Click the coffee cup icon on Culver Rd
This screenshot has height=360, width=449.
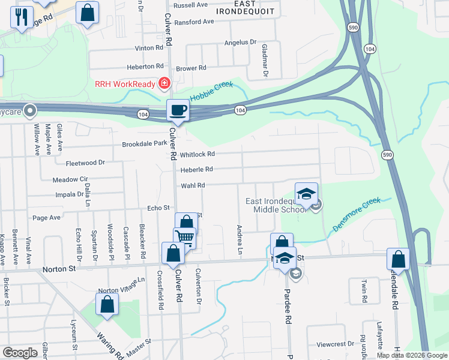pyautogui.click(x=178, y=110)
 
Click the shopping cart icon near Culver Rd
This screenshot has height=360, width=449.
pyautogui.click(x=185, y=238)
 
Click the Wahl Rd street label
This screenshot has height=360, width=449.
pyautogui.click(x=193, y=185)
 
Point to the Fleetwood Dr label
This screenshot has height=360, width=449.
pyautogui.click(x=85, y=163)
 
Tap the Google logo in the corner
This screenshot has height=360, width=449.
pyautogui.click(x=20, y=353)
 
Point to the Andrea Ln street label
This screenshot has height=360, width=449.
pyautogui.click(x=240, y=239)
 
